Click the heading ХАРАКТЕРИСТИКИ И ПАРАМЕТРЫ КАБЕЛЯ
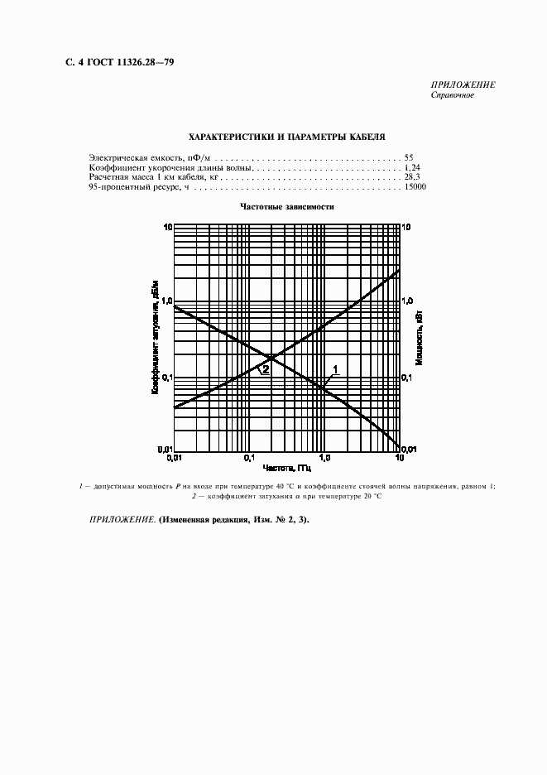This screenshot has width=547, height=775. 287,136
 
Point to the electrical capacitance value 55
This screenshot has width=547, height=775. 409,156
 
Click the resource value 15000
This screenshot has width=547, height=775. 415,188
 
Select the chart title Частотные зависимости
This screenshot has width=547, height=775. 287,207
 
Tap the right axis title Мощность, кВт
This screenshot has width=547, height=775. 420,339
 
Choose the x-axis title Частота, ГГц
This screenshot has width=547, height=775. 287,469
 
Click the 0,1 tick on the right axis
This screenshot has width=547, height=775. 408,378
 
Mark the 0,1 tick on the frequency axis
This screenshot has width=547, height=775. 248,458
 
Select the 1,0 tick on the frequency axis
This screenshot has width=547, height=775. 324,458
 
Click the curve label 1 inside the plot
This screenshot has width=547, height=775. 335,368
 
